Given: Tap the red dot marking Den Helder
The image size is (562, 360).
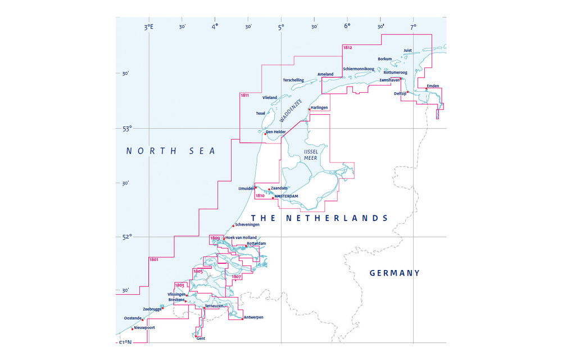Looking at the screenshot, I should point(265,134).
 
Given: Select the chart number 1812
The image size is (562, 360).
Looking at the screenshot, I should point(348,48).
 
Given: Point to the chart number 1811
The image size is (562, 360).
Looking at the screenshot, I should point(244,95).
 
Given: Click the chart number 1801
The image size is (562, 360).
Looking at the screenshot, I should point(153,259).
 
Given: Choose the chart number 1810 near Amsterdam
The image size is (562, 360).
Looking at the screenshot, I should point(260,196).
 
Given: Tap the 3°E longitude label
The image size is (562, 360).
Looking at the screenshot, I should point(148,26).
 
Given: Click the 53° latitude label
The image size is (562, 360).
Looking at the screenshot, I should point(127,128).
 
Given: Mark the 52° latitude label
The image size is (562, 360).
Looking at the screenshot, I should point(127,236).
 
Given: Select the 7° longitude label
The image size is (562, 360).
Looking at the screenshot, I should point(413,26).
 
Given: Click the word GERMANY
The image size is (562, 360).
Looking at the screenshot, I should point(395,273).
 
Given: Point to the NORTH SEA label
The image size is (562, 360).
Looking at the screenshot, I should point(171,151).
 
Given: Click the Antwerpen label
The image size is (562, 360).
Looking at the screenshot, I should point(253,317).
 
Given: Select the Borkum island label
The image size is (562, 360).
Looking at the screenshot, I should point(385,58).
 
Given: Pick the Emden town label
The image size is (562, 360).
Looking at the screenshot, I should point(433,86).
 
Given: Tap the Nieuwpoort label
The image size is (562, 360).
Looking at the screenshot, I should point(144,327).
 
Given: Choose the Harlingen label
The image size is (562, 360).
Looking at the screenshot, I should point(319,107).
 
